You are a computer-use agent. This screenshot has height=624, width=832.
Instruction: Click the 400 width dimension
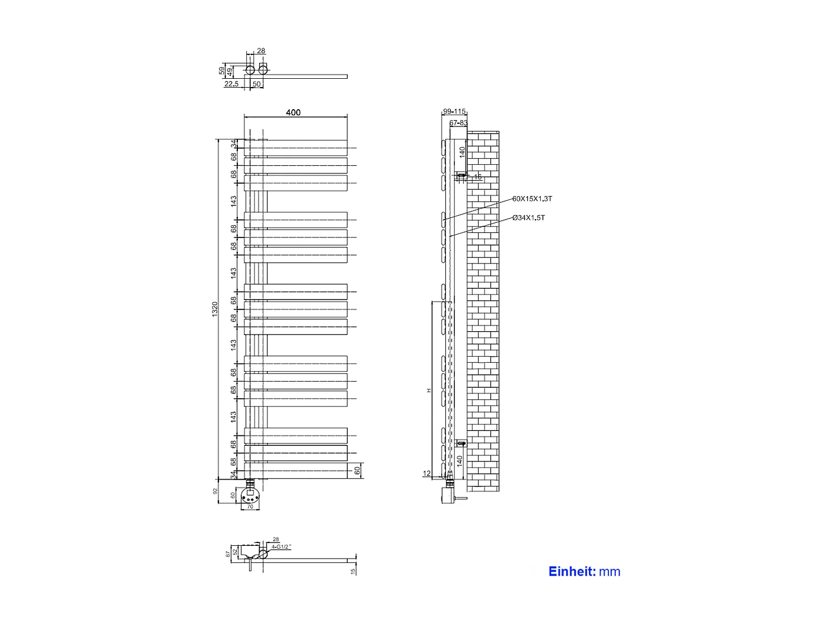293,113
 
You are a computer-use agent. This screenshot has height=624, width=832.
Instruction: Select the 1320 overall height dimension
215,310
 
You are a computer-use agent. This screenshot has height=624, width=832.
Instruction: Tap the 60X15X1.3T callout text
532,199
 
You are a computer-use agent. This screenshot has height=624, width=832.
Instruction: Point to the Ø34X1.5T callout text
529,218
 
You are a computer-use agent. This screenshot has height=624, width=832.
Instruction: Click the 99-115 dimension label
454,111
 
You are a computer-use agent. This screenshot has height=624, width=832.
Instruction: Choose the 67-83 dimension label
458,123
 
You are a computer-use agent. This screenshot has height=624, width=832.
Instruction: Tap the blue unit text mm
610,572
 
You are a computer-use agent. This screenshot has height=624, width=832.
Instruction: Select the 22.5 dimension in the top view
231,84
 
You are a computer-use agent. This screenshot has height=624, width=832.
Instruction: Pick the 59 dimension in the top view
222,71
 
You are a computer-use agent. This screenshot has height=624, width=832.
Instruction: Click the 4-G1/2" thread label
281,547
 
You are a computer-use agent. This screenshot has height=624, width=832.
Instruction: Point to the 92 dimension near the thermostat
216,491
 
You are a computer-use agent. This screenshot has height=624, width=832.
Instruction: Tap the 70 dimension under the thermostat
250,507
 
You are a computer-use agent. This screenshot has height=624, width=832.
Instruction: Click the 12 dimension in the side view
427,474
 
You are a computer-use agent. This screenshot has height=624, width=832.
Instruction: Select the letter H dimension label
428,391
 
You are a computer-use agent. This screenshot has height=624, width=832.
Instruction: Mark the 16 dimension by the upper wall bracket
478,177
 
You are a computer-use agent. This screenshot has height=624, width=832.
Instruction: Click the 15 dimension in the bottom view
353,571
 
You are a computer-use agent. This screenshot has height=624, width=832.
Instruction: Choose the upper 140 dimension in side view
462,152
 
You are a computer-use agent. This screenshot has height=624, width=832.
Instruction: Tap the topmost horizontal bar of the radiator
296,148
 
